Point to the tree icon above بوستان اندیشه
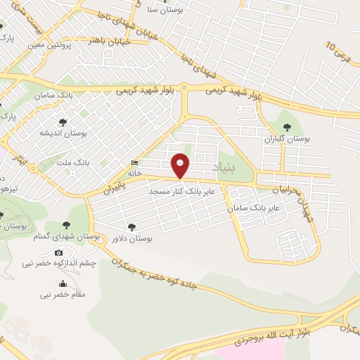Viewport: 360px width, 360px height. (63, 122)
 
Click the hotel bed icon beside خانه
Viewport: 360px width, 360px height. (134, 164)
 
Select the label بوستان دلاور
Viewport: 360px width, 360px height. (131, 238)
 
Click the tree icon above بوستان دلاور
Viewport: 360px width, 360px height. (131, 226)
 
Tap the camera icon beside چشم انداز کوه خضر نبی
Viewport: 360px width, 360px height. (58, 252)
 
